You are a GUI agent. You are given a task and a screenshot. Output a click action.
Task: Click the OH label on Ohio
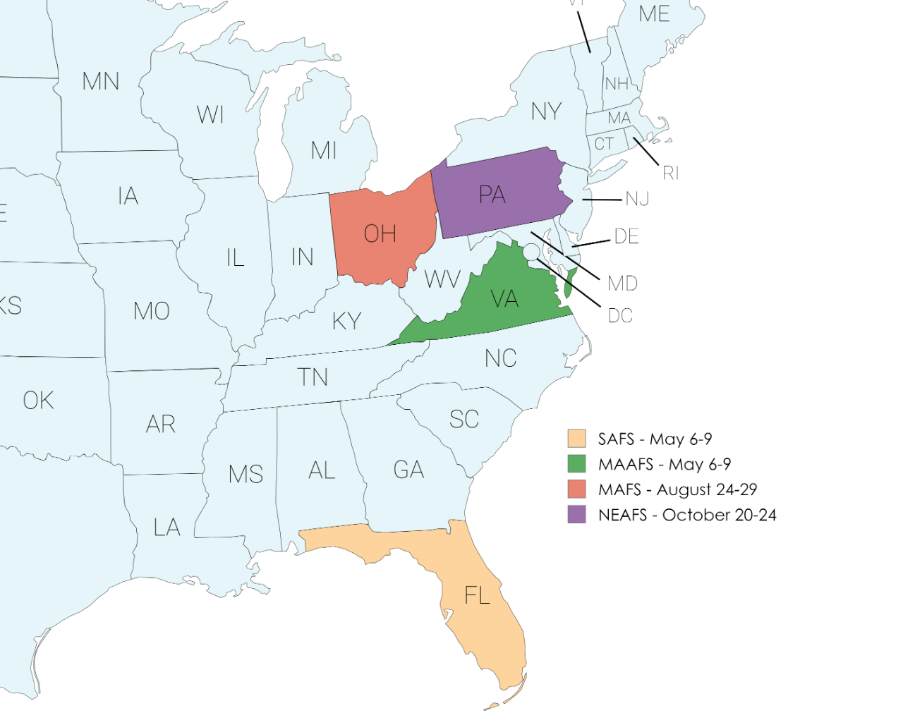[380, 233]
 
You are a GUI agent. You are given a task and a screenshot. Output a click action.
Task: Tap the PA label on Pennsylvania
[492, 195]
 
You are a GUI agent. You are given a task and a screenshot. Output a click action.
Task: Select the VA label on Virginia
[504, 299]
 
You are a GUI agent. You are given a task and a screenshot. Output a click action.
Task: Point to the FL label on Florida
[477, 595]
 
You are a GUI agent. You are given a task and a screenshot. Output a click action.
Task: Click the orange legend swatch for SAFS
[576, 438]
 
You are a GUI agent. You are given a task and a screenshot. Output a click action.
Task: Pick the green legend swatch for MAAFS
[576, 463]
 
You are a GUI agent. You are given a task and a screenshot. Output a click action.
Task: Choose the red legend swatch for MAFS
[576, 489]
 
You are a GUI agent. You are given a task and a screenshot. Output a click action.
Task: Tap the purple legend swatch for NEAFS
[576, 514]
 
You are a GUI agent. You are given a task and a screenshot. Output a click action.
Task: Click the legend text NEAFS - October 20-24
[687, 515]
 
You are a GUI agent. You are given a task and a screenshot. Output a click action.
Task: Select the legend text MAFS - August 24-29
[677, 489]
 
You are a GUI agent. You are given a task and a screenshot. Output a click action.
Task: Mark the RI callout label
[670, 173]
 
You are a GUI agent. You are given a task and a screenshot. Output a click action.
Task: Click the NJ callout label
[638, 200]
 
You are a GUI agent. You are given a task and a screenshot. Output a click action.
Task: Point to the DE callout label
[626, 237]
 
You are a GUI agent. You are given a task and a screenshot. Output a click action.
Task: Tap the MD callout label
[623, 284]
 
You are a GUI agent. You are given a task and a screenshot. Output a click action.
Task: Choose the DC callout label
[620, 317]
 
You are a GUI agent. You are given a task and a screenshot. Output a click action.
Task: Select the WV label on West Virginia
[442, 279]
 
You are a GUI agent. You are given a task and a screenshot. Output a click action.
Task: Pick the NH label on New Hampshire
[617, 84]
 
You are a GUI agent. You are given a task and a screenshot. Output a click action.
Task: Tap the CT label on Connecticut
[604, 144]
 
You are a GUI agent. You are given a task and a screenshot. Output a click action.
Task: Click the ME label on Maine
[654, 13]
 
